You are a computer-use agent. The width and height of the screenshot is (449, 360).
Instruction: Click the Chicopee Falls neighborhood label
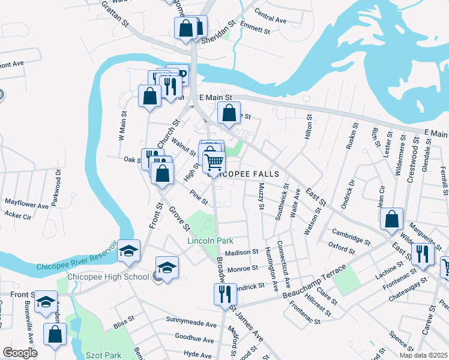pyautogui.click(x=243, y=174)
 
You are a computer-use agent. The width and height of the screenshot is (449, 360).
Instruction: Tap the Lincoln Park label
pyautogui.click(x=210, y=241)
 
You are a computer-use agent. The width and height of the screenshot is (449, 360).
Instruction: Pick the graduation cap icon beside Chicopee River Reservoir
pyautogui.click(x=128, y=251)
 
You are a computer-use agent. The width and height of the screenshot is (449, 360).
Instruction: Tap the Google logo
pyautogui.click(x=20, y=353)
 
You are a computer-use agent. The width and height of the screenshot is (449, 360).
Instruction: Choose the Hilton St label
pyautogui.click(x=309, y=128)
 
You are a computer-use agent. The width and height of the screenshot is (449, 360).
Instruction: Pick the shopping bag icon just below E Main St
pyautogui.click(x=229, y=112)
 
